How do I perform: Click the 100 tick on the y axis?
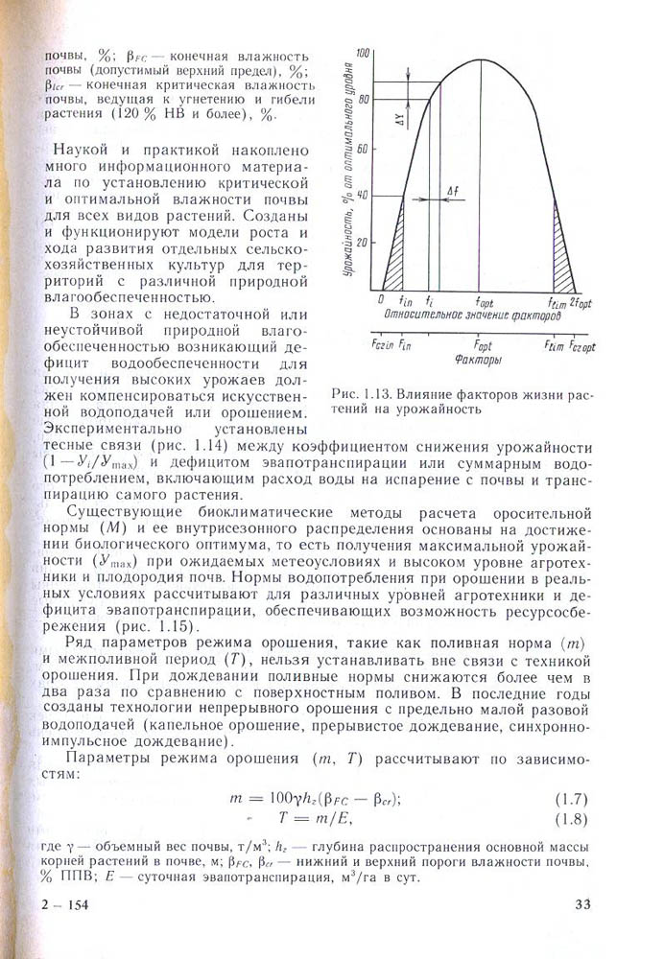pyautogui.click(x=363, y=52)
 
